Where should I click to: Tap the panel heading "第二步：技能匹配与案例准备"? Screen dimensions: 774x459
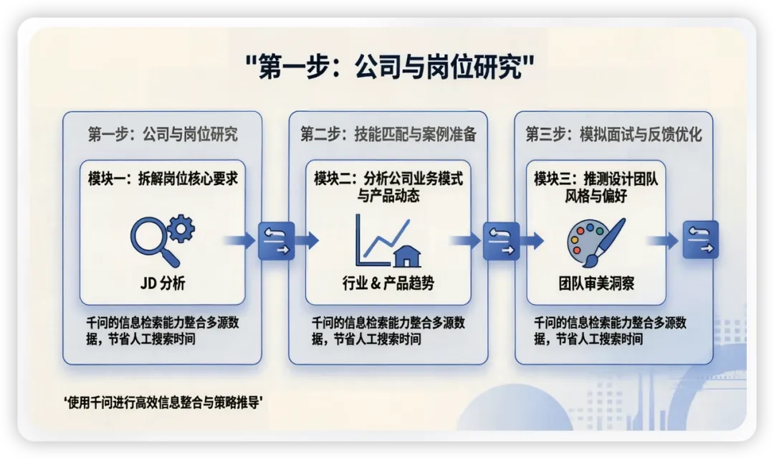[x=388, y=134]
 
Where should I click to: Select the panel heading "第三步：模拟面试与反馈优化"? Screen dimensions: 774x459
[x=613, y=134]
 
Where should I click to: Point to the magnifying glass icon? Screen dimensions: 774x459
[x=151, y=241]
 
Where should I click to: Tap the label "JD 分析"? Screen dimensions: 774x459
[x=163, y=284]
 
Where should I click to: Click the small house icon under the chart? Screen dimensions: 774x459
[x=407, y=255]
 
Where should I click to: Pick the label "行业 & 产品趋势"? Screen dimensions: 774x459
[x=388, y=284]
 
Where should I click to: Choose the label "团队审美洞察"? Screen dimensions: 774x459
[x=596, y=284]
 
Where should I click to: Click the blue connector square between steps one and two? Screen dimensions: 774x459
[x=276, y=240]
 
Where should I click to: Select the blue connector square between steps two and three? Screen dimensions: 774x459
[x=502, y=240]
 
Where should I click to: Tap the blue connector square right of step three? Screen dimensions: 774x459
[x=700, y=240]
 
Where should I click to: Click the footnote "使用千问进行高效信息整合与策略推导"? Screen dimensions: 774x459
[x=164, y=402]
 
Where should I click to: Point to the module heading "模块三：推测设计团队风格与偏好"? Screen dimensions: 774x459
[x=596, y=186]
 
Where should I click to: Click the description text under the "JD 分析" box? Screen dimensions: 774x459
[x=162, y=331]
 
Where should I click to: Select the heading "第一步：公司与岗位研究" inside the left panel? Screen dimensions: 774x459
[x=163, y=134]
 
